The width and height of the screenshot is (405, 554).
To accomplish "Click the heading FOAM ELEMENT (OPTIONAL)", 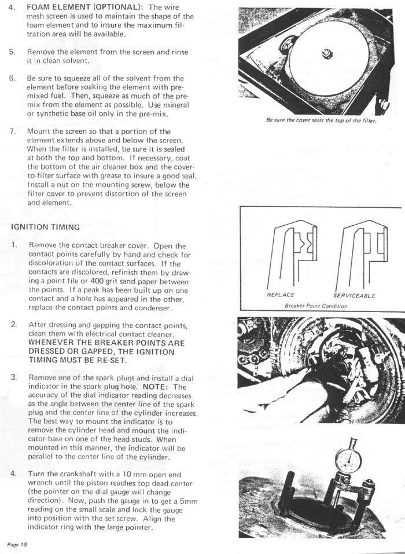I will [86, 7].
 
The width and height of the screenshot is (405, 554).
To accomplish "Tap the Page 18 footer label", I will [17, 545].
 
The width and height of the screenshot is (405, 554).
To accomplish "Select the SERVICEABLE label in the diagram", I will [354, 295].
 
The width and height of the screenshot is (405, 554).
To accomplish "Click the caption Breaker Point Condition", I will [316, 306].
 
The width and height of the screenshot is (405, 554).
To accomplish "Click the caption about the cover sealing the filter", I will [321, 120].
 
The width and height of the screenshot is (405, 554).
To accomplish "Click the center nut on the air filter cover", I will [327, 54].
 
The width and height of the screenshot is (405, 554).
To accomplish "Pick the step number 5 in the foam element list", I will [12, 52].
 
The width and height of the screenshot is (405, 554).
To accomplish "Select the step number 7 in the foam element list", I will [12, 131].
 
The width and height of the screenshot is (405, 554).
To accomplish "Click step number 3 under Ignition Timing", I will [14, 377].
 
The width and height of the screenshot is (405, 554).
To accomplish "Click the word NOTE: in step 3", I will [157, 387].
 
